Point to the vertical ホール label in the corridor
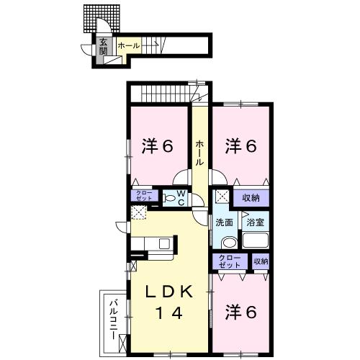[x=199, y=153]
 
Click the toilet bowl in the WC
[x=168, y=198]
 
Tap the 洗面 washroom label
[x=224, y=222]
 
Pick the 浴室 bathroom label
[x=256, y=222]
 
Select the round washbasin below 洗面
[x=228, y=242]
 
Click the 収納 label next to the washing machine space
[x=251, y=197]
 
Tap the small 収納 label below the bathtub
[x=260, y=261]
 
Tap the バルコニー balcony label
[x=113, y=318]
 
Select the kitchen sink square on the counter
[x=165, y=243]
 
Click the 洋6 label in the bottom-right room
[x=241, y=312]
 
